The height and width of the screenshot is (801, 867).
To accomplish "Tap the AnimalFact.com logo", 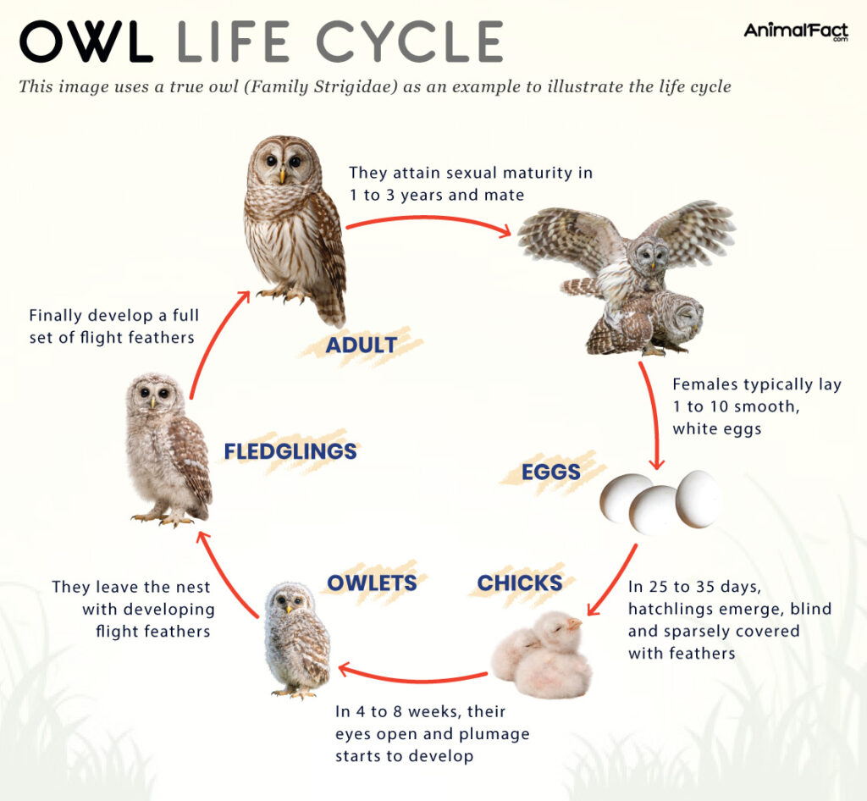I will point(795,32).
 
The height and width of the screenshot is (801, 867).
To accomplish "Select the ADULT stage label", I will point(361,345).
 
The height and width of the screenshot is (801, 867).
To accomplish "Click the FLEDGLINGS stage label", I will point(290,451).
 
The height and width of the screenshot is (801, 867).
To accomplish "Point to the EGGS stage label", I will point(551,472).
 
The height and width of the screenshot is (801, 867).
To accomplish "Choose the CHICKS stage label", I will point(520,583).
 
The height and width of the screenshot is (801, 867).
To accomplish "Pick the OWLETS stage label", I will point(372,583).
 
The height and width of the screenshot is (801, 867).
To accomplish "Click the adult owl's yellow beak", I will point(282,175).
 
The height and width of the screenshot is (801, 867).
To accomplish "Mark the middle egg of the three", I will point(654,510).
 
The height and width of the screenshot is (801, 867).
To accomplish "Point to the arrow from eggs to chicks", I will point(614,583).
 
